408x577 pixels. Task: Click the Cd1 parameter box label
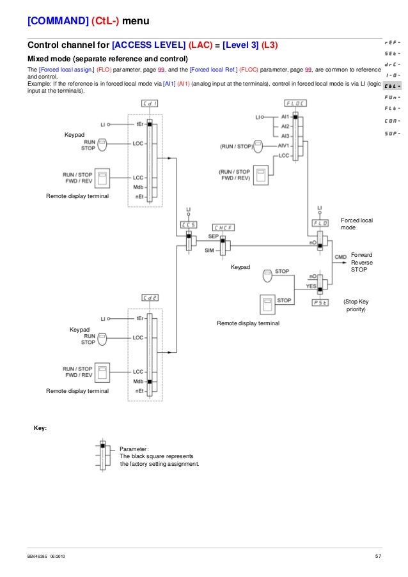click(151, 103)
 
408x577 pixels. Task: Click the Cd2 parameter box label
click(151, 298)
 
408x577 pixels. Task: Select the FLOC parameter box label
click(295, 103)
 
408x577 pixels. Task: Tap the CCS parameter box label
click(188, 224)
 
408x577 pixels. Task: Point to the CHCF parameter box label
click(223, 227)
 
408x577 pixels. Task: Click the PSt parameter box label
click(320, 302)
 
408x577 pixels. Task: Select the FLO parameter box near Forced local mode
click(320, 222)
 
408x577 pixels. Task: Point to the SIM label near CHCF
click(209, 250)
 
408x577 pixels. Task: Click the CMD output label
click(341, 256)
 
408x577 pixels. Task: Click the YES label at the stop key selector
click(311, 286)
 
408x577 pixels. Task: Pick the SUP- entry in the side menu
click(393, 134)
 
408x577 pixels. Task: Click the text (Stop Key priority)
click(356, 305)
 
